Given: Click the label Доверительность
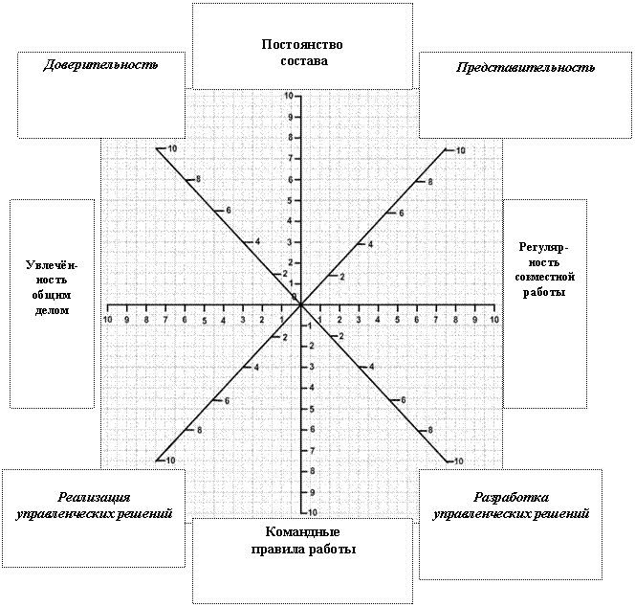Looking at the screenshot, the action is point(100,65).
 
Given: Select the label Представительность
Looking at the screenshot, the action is point(525,67).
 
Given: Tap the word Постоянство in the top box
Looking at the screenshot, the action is point(302,44).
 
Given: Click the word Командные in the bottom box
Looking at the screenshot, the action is point(302,531).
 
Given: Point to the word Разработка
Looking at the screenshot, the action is point(512,497).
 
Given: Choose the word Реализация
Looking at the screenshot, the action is point(94,497).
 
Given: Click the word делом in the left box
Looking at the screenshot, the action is point(52,310).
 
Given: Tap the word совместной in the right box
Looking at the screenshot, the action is point(545,278).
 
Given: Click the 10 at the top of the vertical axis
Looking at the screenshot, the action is point(289,96).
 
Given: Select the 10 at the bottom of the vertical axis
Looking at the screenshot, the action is point(313,512).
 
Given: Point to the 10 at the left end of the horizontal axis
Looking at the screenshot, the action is point(107,320).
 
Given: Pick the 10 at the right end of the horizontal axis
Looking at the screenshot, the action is point(494,320).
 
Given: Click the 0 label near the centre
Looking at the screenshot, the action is point(295,297).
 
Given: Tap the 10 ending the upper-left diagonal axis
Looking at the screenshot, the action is point(172,148).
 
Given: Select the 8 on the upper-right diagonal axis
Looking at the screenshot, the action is point(430,182).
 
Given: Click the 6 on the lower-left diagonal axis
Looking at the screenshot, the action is point(227,401).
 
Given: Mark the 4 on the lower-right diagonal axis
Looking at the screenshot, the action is point(372,368).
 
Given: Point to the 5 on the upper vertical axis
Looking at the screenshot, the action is point(290,200).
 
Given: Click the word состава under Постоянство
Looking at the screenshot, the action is point(304,61).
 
